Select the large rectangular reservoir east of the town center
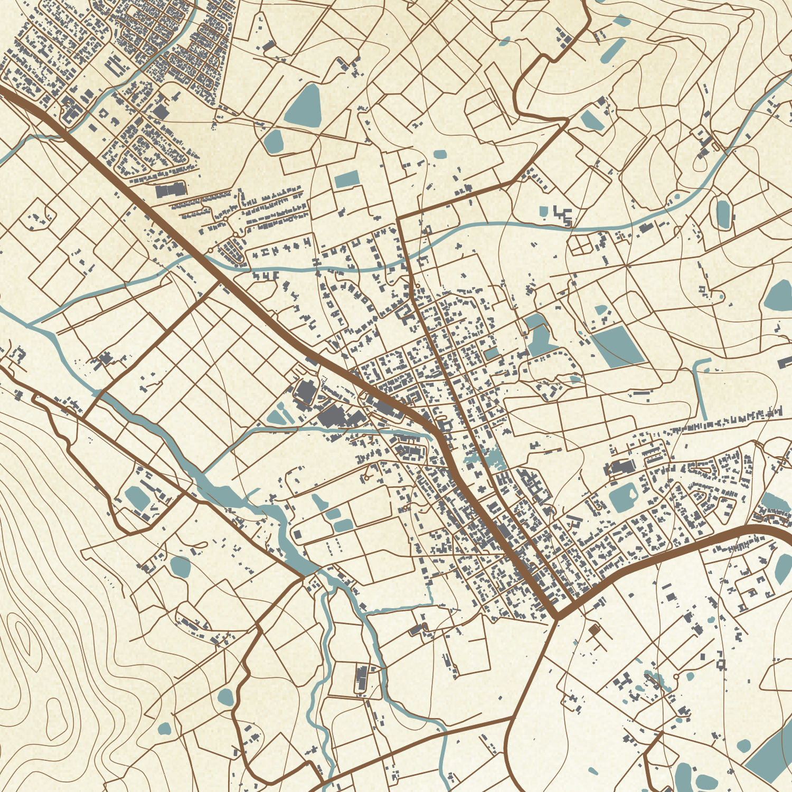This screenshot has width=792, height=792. (x=617, y=346)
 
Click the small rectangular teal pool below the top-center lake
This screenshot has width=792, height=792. (x=347, y=178)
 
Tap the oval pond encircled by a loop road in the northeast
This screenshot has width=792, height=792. (x=722, y=213)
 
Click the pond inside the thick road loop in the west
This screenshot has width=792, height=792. (x=138, y=497)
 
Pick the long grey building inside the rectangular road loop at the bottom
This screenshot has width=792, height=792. (x=362, y=679)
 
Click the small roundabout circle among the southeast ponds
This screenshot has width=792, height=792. (x=676, y=676)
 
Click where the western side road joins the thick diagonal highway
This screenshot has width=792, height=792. (x=218, y=284)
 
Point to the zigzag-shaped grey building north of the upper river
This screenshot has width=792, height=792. (x=563, y=215)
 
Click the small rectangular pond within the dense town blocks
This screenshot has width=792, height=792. (x=492, y=353)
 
